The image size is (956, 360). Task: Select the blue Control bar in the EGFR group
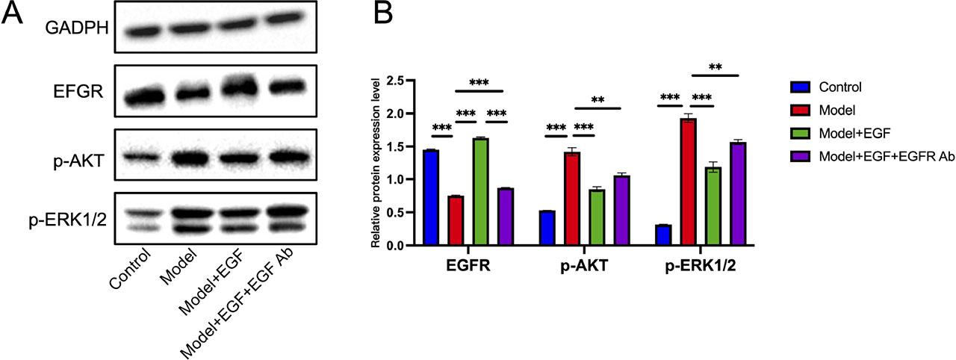click(430, 198)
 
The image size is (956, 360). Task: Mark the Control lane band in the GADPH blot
click(142, 31)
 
